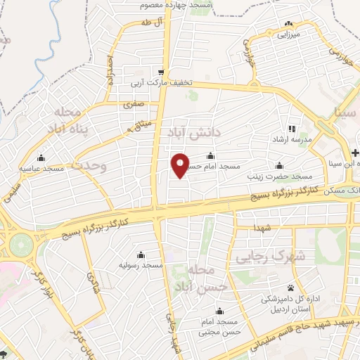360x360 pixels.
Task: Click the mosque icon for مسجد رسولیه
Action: pos(141,255)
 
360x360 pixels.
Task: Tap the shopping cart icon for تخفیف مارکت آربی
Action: pos(162,72)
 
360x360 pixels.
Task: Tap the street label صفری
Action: pos(133,104)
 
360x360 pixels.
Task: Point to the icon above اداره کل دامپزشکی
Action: pos(291,288)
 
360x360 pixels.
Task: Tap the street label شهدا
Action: pos(264,230)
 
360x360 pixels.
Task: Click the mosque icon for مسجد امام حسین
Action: pos(211,156)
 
